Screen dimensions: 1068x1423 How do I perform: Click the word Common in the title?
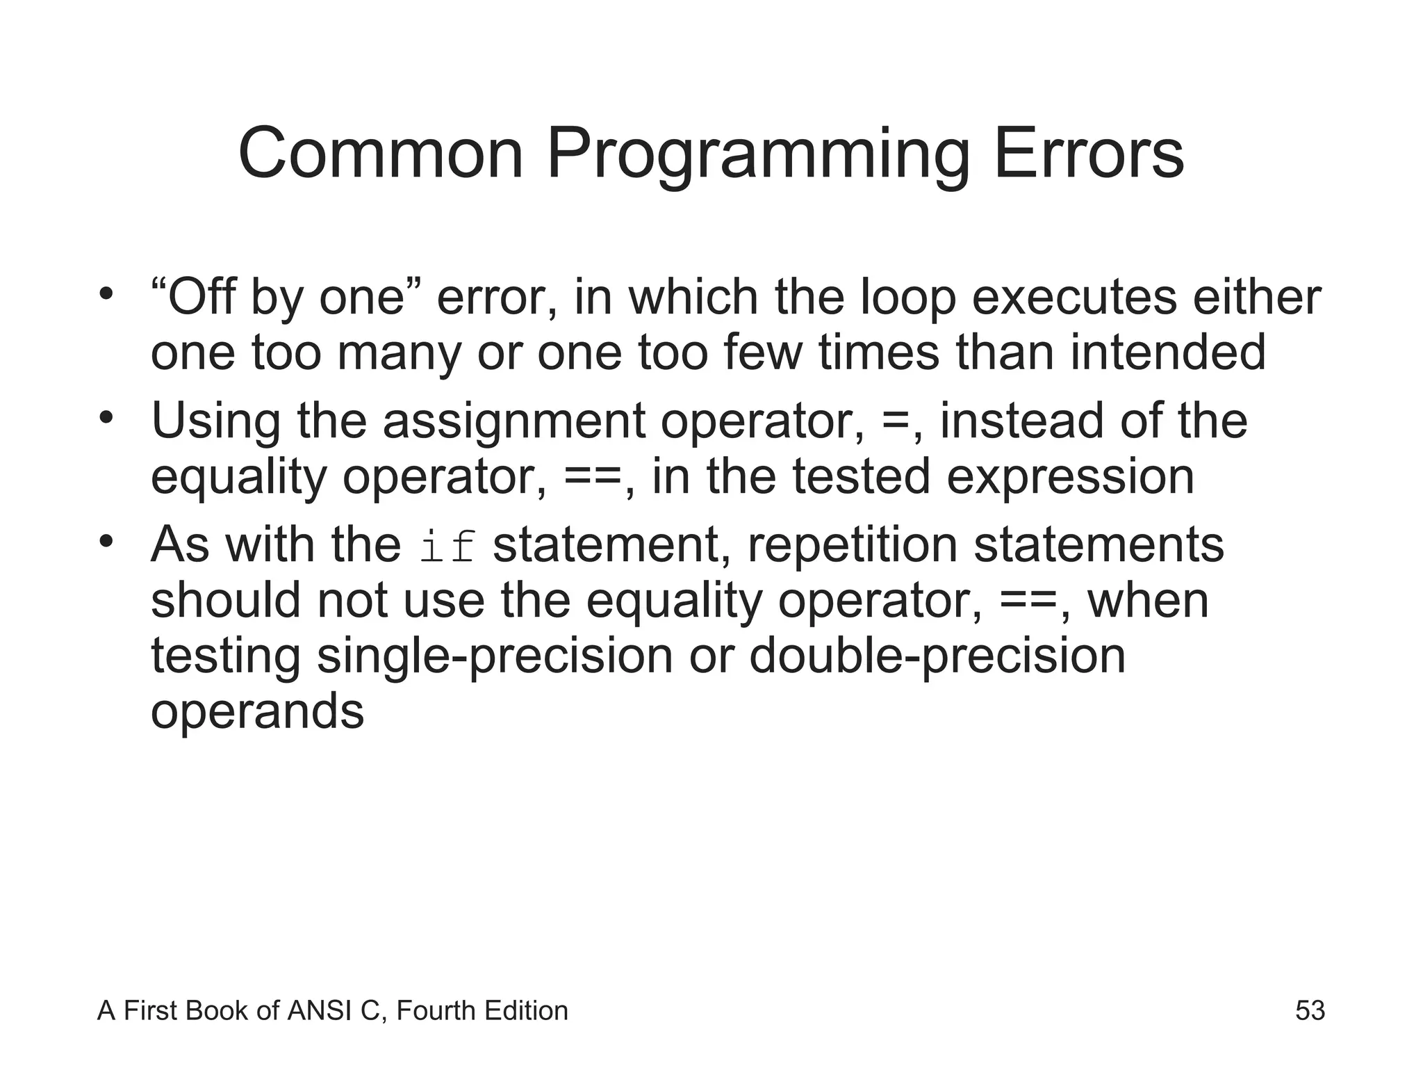[x=380, y=154]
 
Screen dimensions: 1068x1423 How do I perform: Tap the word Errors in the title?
[x=1088, y=154]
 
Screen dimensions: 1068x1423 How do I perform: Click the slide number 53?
[x=1310, y=1010]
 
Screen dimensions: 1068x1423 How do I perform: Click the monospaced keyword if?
[x=448, y=547]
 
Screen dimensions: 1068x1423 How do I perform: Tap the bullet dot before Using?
[x=105, y=417]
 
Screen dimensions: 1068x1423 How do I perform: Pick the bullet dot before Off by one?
[x=105, y=293]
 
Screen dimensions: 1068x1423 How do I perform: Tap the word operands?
[x=257, y=712]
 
